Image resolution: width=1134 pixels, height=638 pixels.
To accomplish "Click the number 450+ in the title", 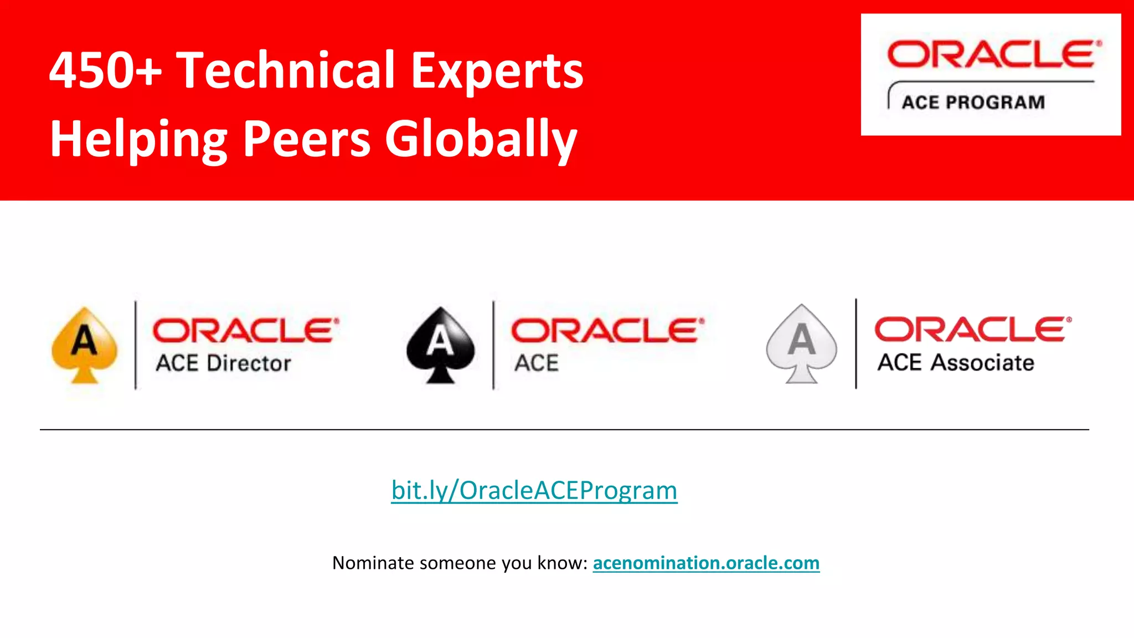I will point(105,70).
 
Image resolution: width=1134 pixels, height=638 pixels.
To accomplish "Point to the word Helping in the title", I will point(138,140).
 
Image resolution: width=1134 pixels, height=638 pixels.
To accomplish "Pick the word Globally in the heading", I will point(481,140).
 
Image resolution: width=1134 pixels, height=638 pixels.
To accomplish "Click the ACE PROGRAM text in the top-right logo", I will point(973,102).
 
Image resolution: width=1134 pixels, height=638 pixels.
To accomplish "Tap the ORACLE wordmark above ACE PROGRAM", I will point(993,55).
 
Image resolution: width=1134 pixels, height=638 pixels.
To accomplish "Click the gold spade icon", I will point(84,344).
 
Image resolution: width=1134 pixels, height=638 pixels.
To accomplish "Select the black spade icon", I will point(440,344).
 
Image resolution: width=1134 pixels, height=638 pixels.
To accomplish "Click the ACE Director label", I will point(223,363).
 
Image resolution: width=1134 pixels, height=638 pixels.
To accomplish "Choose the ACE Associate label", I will point(956,363).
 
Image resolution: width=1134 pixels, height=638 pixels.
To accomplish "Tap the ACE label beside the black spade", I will point(536,363).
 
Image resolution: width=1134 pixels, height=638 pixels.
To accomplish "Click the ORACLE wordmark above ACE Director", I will point(245,331).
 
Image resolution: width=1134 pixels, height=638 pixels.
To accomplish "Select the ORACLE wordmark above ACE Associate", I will point(972,330).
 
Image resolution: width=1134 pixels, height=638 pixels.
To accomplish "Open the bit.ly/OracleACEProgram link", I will point(534,490).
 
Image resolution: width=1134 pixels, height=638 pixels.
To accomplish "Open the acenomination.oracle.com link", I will point(706,563).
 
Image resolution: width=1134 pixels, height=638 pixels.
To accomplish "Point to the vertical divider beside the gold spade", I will point(136,344).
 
